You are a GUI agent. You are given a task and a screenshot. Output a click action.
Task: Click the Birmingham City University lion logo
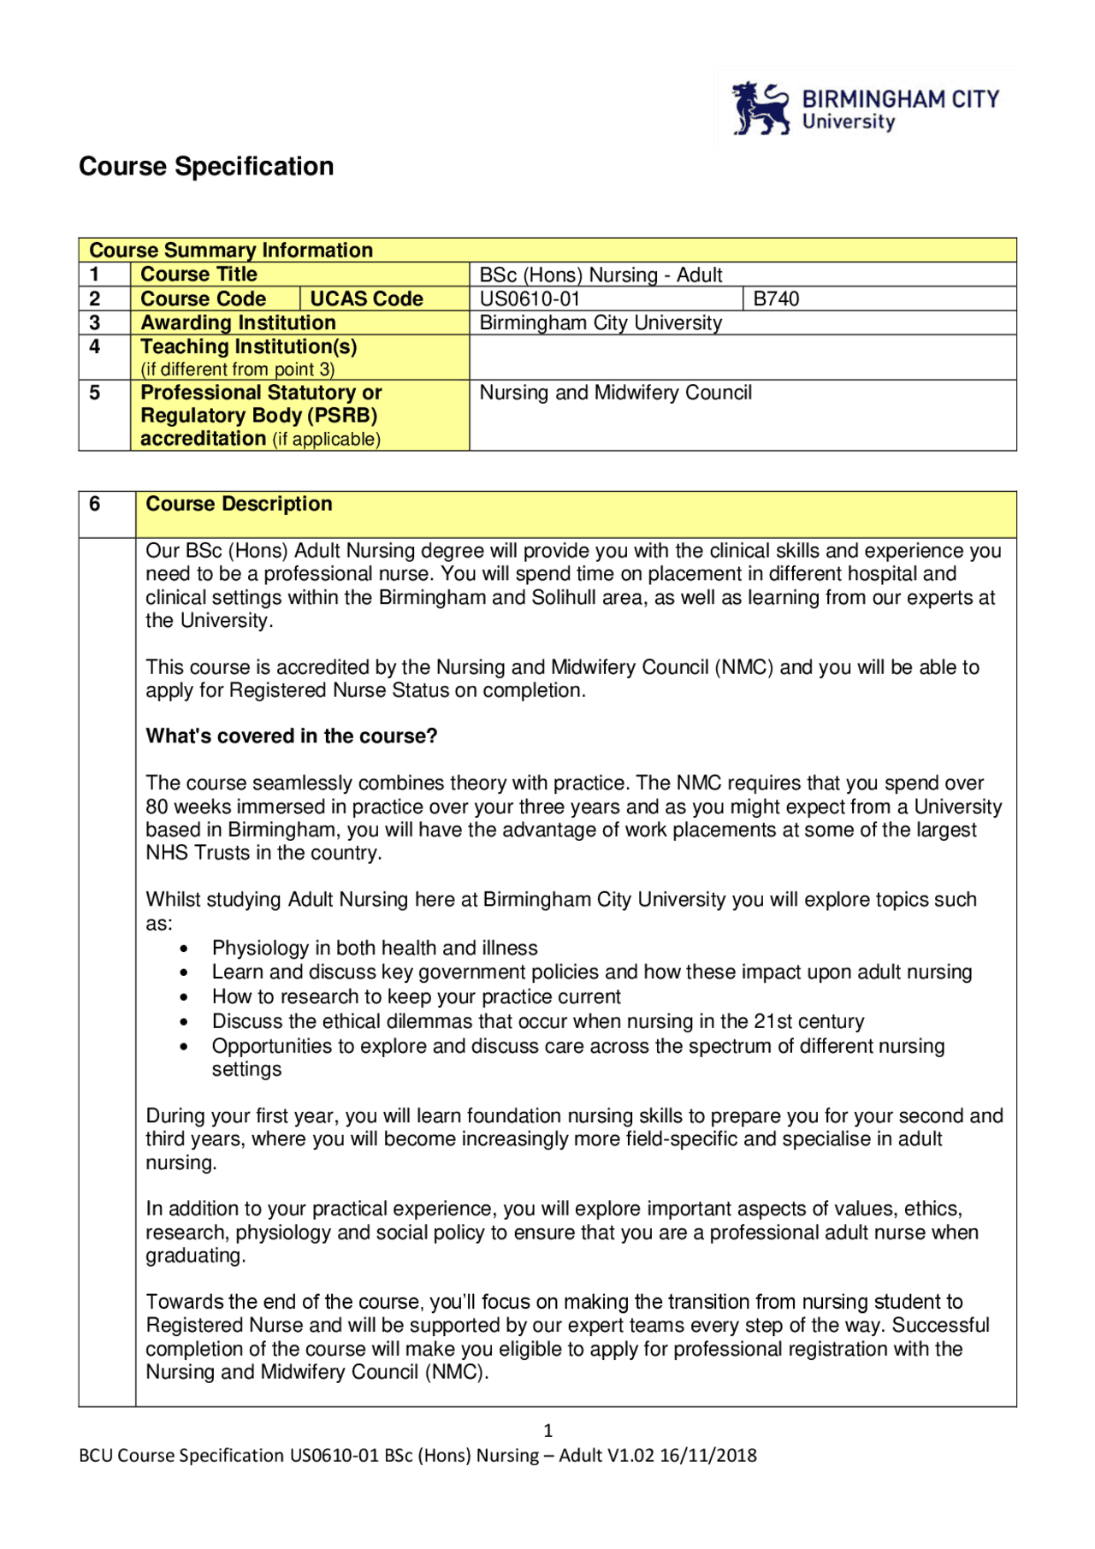click(x=761, y=109)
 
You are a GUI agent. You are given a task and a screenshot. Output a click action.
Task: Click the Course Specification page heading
click(x=206, y=166)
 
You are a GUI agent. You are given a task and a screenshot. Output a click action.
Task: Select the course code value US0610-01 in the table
click(x=530, y=299)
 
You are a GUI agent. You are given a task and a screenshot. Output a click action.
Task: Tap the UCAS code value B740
click(x=776, y=299)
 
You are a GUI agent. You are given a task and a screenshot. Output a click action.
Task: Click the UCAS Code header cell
click(x=366, y=299)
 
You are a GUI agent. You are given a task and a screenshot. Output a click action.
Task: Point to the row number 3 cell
click(x=95, y=322)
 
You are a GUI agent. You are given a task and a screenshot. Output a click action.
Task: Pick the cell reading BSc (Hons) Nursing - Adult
click(x=601, y=275)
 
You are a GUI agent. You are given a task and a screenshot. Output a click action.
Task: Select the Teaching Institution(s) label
click(x=248, y=346)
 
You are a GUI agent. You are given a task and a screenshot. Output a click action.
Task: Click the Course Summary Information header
click(x=231, y=250)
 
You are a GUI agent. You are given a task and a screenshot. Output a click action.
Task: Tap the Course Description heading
click(x=239, y=504)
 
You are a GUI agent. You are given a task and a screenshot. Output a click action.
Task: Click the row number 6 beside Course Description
click(x=95, y=504)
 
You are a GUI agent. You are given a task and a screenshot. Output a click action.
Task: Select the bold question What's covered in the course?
click(x=291, y=736)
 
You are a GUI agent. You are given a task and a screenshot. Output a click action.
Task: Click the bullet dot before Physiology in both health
click(x=184, y=949)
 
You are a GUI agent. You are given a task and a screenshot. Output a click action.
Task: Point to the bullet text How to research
click(x=416, y=996)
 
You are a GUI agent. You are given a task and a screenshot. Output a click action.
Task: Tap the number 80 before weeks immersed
click(x=157, y=807)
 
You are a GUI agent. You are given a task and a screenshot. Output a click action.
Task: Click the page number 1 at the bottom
click(x=547, y=1430)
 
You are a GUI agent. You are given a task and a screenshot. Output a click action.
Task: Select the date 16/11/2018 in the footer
click(x=708, y=1455)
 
